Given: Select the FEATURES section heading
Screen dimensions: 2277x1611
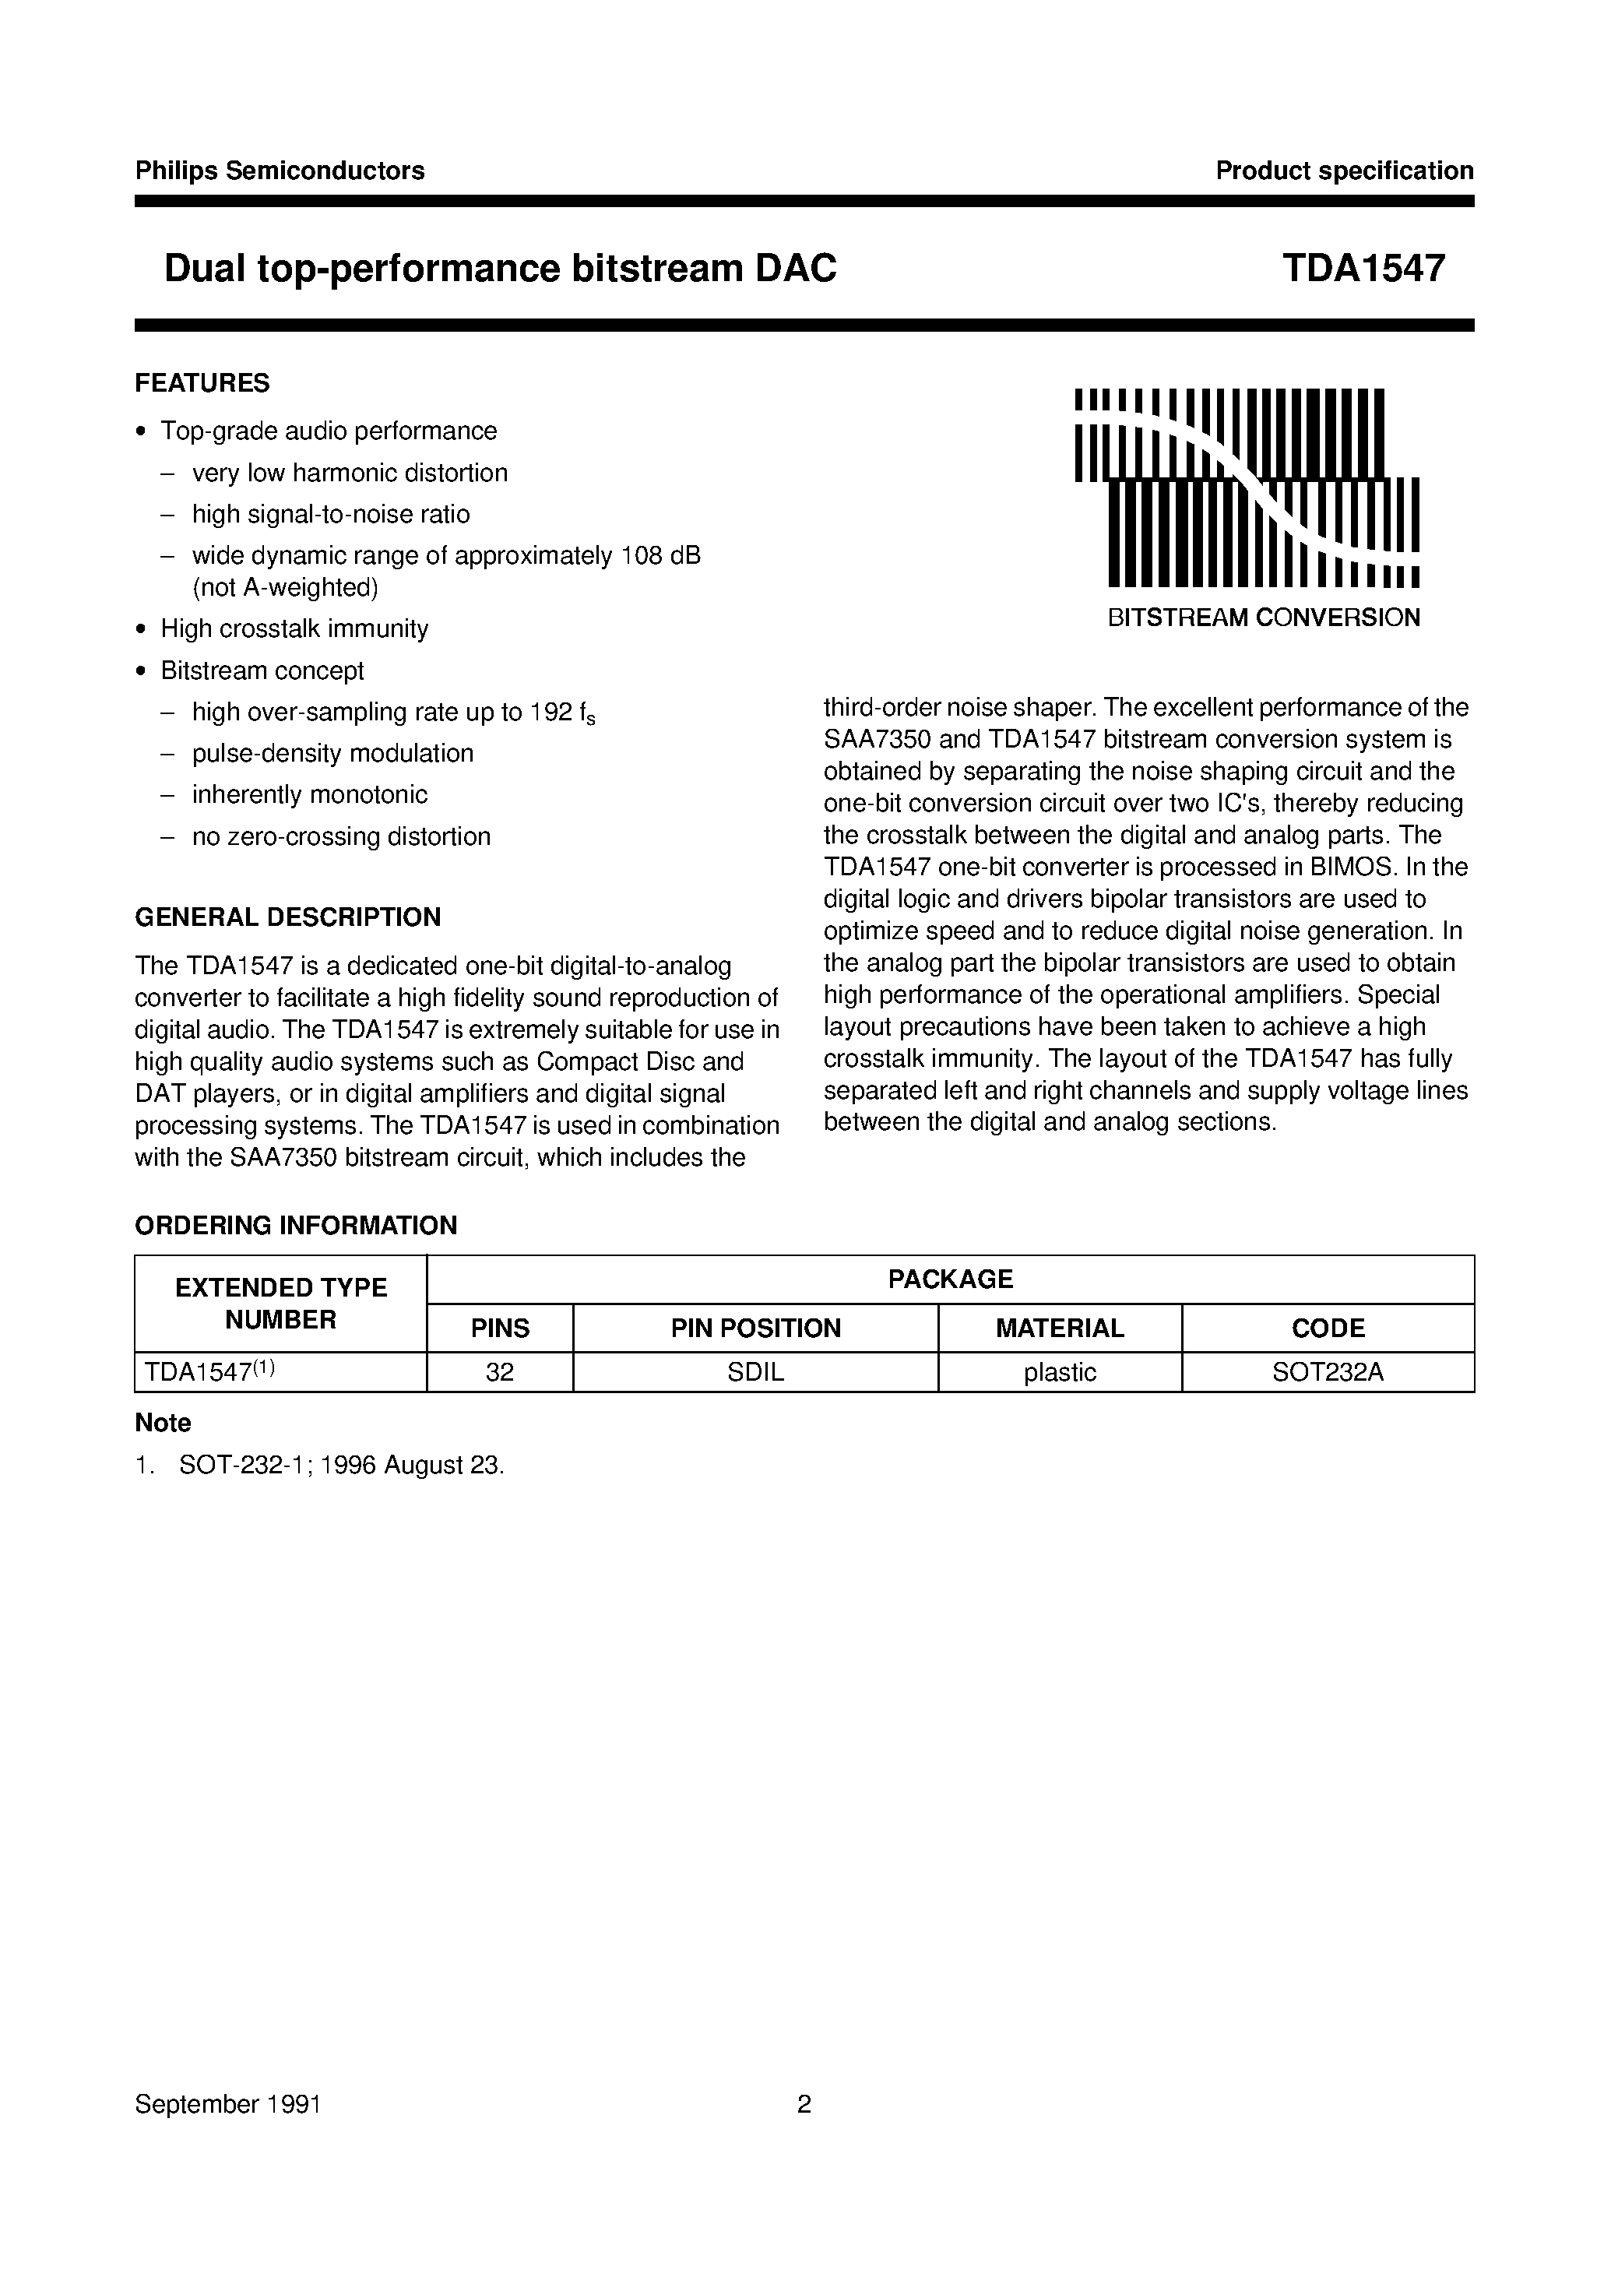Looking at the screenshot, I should tap(202, 383).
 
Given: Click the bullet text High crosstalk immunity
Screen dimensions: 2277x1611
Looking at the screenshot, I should tap(294, 629).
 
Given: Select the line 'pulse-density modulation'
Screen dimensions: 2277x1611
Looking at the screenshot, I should tap(332, 753).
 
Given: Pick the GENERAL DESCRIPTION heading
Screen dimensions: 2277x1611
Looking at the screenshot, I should tap(287, 917).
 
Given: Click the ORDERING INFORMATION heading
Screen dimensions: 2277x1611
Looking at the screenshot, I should tap(296, 1225).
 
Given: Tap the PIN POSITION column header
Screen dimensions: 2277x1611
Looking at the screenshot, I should tap(755, 1328).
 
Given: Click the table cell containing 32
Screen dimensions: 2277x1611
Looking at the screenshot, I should tap(500, 1372).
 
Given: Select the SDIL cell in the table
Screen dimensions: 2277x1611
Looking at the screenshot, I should tap(755, 1372).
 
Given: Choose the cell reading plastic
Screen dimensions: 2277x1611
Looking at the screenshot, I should tap(1060, 1372).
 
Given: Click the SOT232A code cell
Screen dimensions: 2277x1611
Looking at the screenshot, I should tap(1328, 1372).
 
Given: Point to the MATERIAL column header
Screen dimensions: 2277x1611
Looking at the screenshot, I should tap(1060, 1328).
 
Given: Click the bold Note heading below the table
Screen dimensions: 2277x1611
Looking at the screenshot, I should tap(163, 1423).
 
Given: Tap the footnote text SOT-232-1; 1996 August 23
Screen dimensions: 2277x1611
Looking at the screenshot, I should tap(341, 1465).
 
